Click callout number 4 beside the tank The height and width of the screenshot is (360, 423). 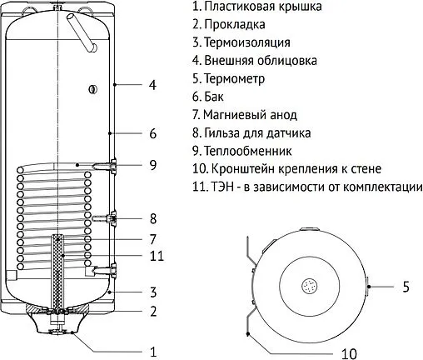(152, 85)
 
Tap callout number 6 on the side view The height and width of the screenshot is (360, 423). (152, 133)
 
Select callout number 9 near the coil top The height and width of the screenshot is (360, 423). (152, 165)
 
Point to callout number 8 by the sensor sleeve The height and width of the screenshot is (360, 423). (152, 219)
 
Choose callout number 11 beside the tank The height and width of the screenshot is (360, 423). (156, 256)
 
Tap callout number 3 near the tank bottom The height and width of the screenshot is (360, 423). (152, 292)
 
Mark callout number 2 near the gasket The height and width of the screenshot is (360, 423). (152, 312)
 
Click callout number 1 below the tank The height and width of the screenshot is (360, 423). (152, 351)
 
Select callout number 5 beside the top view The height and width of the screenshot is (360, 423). (406, 287)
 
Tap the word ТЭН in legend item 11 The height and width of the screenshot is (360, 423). (225, 187)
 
